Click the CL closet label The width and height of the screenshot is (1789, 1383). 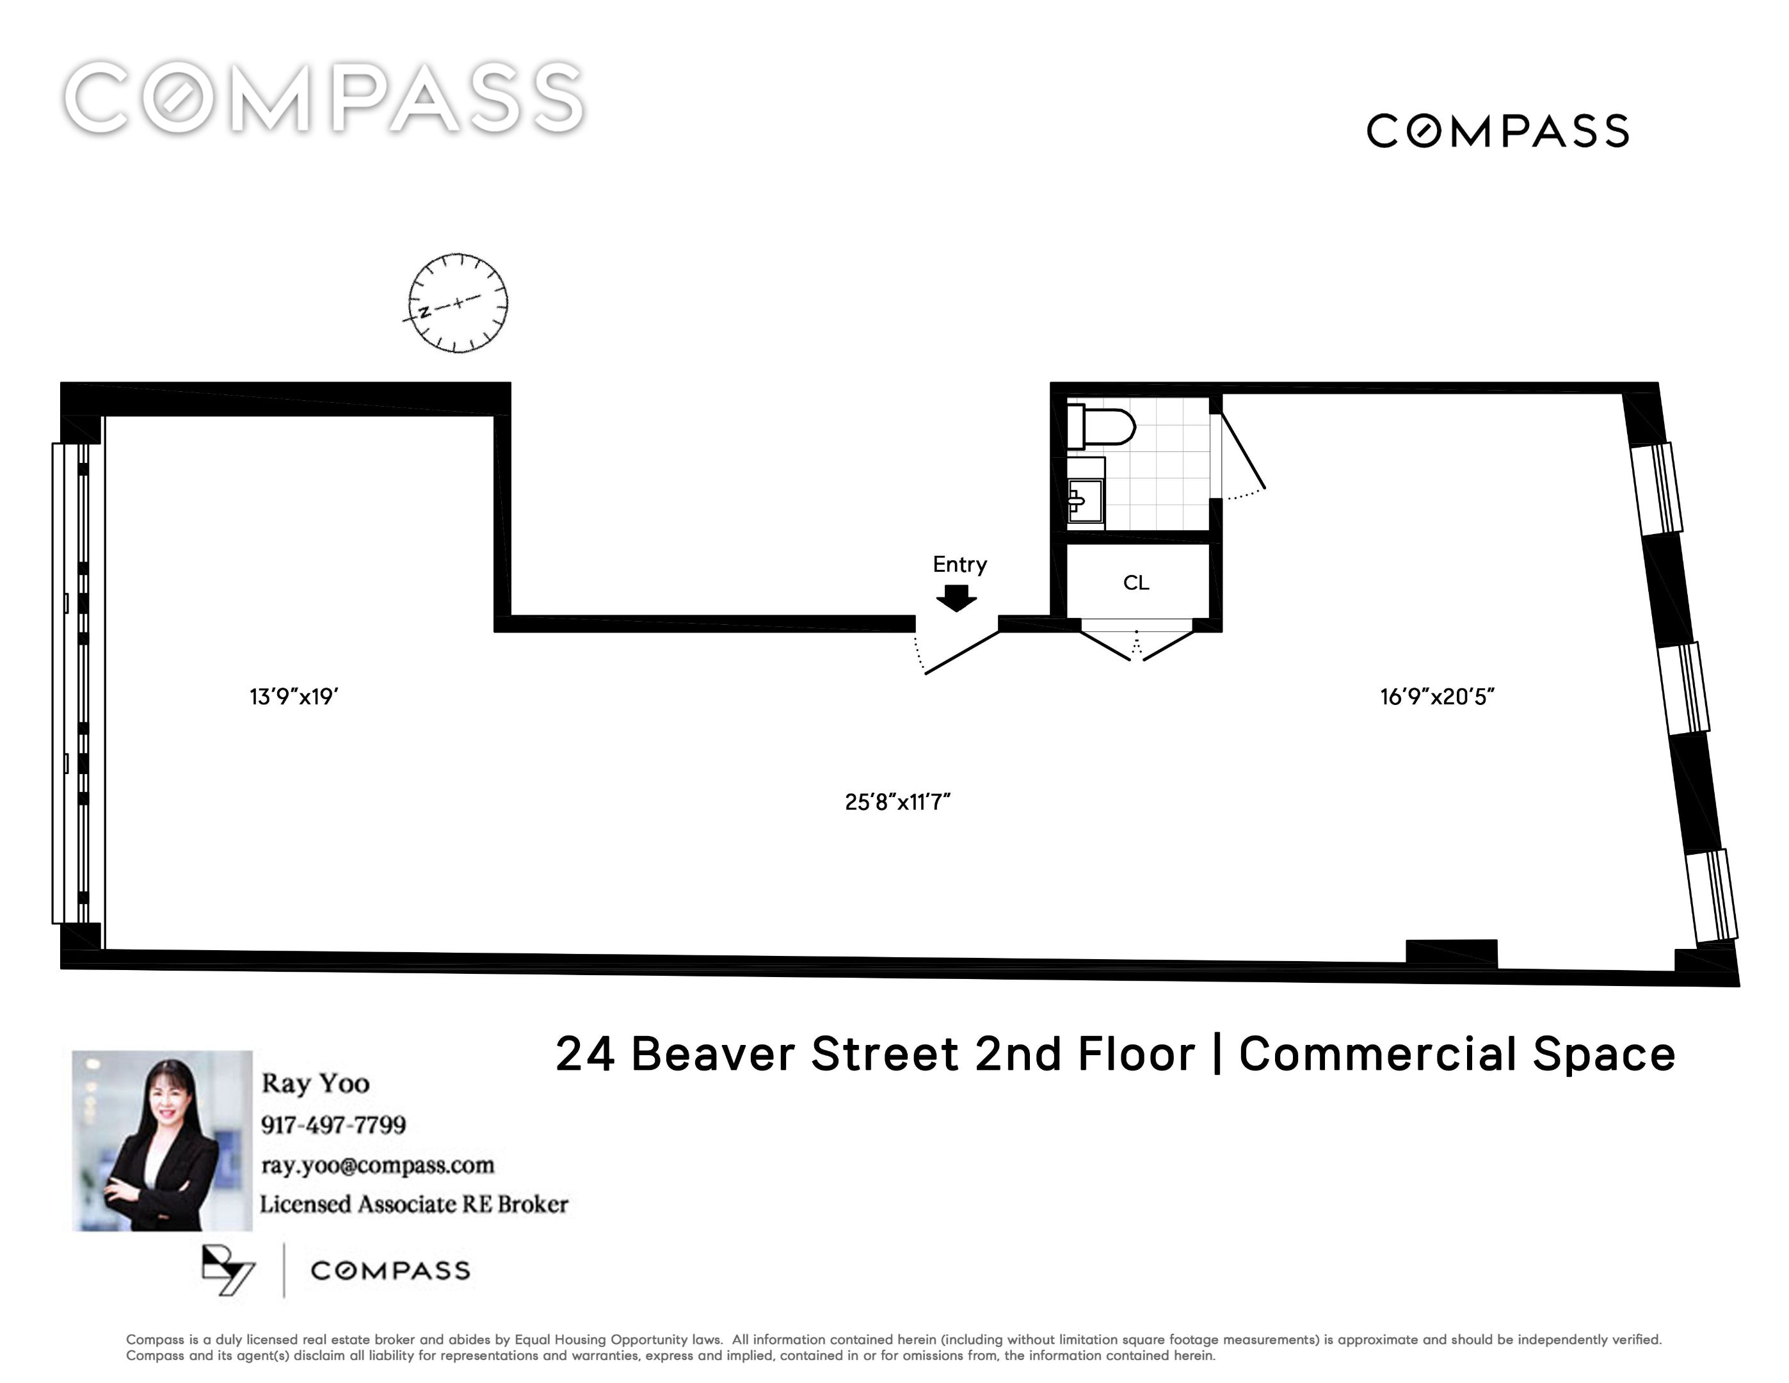[1136, 583]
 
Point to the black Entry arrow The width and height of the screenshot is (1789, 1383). [956, 598]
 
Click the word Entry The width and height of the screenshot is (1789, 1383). [960, 565]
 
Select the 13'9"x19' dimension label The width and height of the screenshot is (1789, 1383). [294, 697]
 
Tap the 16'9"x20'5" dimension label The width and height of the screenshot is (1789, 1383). [1438, 697]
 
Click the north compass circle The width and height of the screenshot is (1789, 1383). [458, 303]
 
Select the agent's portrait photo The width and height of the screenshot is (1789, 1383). [162, 1140]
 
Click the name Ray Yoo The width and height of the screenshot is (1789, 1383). [316, 1083]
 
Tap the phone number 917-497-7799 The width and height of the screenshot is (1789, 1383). [333, 1124]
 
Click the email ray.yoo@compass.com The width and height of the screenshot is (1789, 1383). [378, 1165]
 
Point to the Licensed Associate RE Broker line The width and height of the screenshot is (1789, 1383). [413, 1204]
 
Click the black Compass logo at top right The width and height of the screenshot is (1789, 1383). [1497, 131]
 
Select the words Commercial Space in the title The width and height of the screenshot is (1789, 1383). [1457, 1054]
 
